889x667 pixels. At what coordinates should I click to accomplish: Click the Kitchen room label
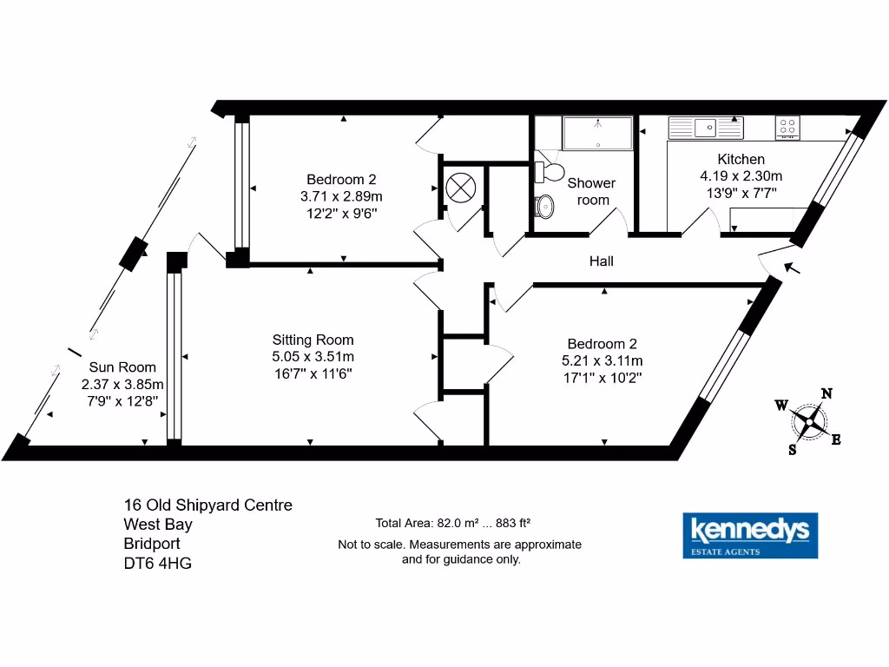(x=741, y=159)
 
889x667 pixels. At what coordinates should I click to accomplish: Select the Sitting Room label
(x=313, y=340)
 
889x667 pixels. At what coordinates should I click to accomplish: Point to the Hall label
(x=601, y=261)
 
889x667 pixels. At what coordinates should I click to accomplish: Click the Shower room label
(x=591, y=191)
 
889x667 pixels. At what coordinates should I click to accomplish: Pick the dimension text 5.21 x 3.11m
(x=602, y=360)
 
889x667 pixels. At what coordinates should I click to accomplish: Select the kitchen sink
(x=707, y=128)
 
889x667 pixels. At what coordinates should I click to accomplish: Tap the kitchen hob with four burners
(x=787, y=128)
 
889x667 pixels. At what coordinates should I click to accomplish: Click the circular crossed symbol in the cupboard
(x=459, y=187)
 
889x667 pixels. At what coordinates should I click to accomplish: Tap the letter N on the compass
(x=826, y=393)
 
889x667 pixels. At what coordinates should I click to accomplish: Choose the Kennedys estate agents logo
(x=750, y=535)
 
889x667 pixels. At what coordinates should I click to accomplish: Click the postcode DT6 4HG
(x=158, y=563)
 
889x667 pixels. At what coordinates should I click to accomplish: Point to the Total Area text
(x=452, y=523)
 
